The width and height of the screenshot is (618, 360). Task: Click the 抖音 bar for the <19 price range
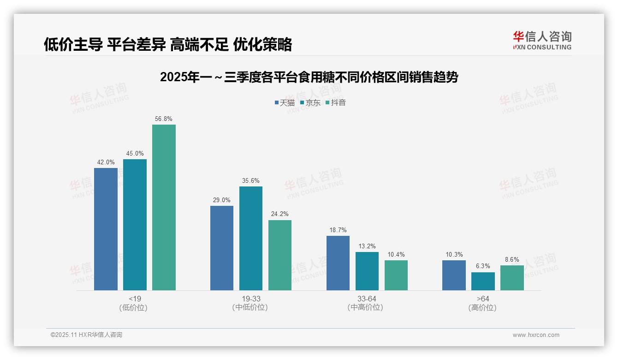pos(164,207)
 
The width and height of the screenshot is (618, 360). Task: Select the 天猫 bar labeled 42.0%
pos(106,229)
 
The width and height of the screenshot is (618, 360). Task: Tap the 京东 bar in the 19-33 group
pos(250,238)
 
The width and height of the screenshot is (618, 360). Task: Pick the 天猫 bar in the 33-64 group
pos(338,263)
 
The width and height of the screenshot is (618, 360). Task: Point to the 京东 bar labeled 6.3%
pos(483,281)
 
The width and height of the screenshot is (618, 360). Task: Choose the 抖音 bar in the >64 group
pos(512,278)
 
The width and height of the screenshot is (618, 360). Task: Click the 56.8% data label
pos(164,119)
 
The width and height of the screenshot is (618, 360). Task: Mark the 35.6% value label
pos(250,180)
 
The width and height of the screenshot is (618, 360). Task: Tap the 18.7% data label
pos(338,230)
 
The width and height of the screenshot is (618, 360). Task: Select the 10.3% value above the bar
pos(454,254)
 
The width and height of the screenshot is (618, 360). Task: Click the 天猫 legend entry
pos(285,102)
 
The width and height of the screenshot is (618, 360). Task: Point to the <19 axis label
pos(135,299)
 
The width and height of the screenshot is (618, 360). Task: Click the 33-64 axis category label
pos(367,299)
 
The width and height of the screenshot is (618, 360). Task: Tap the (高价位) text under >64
pos(482,307)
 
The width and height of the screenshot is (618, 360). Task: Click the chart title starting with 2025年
pos(309,77)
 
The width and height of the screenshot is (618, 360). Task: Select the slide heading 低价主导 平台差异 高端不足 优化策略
pos(168,44)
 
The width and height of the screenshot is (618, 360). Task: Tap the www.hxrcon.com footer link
pos(535,335)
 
